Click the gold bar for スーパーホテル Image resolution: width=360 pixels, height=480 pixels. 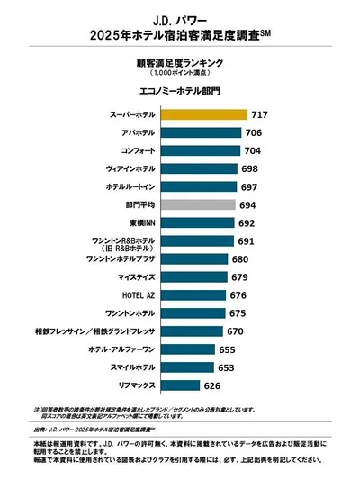point(204,114)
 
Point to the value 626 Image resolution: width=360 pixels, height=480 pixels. point(213,385)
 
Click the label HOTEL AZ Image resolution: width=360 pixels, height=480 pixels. point(138,295)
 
